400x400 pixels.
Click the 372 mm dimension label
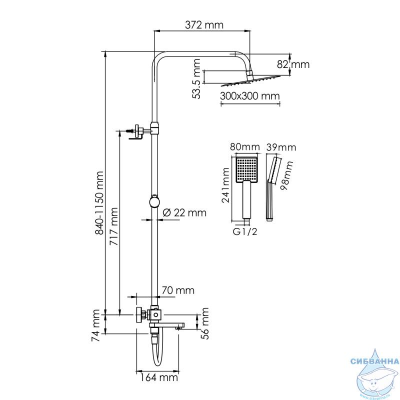[204, 25]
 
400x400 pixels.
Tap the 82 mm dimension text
[293, 64]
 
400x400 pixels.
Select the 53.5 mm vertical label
[196, 79]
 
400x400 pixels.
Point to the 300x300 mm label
[250, 96]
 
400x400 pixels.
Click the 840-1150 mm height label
[99, 203]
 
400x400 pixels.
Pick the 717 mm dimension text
[114, 226]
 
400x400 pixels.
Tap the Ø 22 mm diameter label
[184, 212]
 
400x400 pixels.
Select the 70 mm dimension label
[178, 290]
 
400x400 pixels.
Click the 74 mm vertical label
[96, 325]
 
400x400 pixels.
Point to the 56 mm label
[205, 323]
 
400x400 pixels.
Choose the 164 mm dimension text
[158, 377]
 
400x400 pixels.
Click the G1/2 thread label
[245, 231]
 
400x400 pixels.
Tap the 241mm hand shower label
[226, 185]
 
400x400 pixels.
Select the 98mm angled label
[286, 175]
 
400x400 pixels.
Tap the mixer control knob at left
[139, 315]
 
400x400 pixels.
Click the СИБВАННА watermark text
[374, 361]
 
